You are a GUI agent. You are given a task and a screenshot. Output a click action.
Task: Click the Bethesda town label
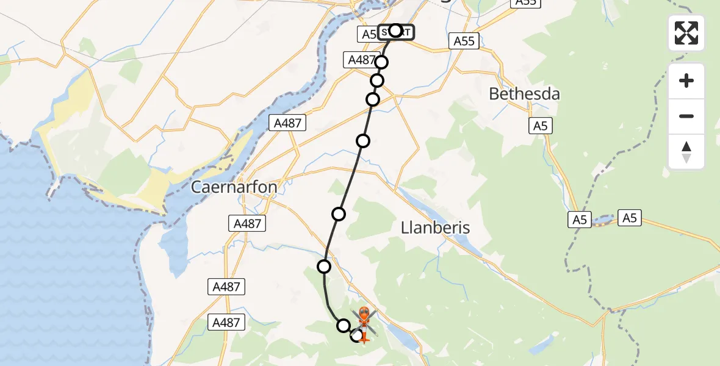(x=524, y=95)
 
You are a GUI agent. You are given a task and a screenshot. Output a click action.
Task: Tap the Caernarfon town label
(x=234, y=187)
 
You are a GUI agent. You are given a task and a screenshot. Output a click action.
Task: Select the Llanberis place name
(x=436, y=228)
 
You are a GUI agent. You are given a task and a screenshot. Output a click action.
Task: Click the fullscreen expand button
(x=686, y=33)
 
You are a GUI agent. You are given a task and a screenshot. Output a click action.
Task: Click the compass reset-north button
(x=686, y=152)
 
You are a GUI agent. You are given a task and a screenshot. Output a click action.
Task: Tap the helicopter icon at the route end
(x=364, y=321)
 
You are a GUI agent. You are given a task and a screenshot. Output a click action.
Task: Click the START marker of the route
(x=395, y=31)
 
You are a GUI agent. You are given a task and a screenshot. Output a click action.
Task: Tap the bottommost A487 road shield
(x=226, y=322)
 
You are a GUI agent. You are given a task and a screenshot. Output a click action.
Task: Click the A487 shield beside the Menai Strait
(x=288, y=123)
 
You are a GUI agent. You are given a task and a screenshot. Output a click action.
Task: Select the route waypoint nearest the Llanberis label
(x=339, y=213)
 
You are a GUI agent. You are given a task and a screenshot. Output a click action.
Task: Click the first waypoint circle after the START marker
(x=382, y=62)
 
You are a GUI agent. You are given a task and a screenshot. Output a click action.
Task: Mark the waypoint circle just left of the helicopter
(x=344, y=326)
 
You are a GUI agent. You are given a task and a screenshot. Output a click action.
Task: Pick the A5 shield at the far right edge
(x=630, y=217)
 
